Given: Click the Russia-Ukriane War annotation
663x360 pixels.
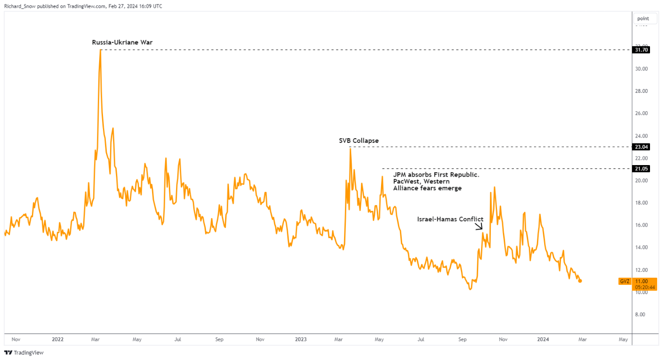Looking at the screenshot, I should point(122,42).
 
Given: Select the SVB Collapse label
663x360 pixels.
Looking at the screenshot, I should point(358,141).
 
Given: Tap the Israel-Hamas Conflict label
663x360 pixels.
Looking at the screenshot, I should point(450,219).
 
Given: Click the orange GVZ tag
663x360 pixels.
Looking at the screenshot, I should point(624,281).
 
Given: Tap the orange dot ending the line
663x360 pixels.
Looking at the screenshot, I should point(580,281).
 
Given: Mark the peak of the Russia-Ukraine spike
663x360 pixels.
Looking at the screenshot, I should point(100,50).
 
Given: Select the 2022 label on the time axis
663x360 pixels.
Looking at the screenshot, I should point(58,339).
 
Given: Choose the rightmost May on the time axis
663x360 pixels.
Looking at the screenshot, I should point(623,339).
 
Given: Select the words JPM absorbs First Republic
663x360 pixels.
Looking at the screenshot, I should point(436,175).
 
